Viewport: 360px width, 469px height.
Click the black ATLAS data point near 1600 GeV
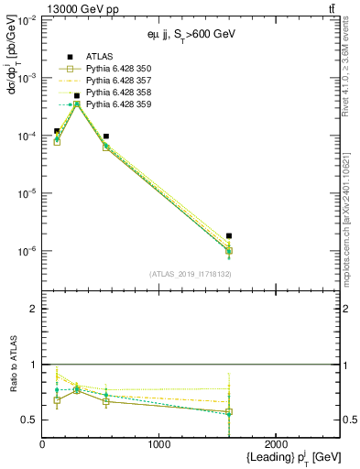[x=229, y=236]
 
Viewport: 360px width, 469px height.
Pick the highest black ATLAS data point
[x=77, y=95]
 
